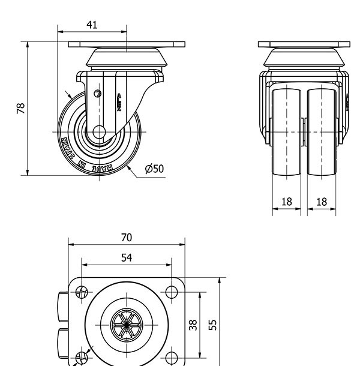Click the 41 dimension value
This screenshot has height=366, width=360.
coord(92,25)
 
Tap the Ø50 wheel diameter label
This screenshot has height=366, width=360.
coord(154,169)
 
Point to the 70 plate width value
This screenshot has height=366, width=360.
coord(126,238)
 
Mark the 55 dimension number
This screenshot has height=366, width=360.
coord(212,325)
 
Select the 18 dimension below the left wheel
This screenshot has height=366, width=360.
coord(287,202)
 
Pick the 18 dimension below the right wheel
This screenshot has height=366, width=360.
coord(322,202)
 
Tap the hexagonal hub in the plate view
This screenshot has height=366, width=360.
coord(126,325)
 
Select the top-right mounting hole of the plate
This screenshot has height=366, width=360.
coord(172,292)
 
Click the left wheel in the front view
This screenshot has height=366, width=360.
coord(287,132)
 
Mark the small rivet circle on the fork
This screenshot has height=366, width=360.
coord(98,93)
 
